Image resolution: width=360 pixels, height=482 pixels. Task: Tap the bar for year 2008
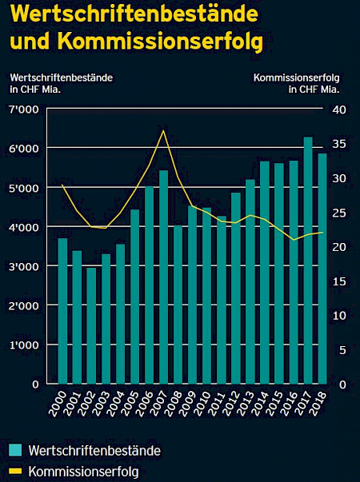pyautogui.click(x=178, y=304)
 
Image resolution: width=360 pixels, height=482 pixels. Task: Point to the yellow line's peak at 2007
pyautogui.click(x=163, y=130)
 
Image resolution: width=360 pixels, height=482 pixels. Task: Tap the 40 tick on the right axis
pyautogui.click(x=338, y=109)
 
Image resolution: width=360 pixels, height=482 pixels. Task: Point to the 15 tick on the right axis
pyautogui.click(x=338, y=281)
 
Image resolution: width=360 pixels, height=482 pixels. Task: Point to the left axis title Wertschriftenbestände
pyautogui.click(x=61, y=77)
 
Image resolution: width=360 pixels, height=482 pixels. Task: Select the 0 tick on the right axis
pyautogui.click(x=338, y=384)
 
